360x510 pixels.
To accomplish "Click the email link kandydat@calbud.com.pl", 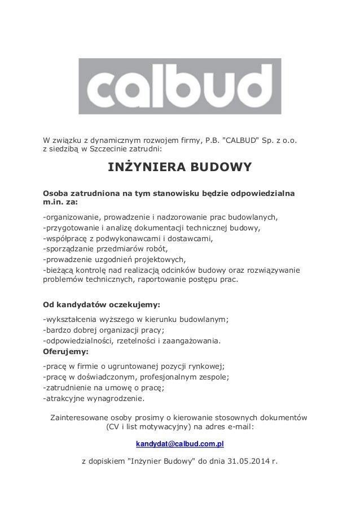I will [180, 444].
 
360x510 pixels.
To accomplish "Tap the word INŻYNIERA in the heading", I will [143, 168].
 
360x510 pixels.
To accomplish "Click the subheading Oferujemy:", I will [62, 351].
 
